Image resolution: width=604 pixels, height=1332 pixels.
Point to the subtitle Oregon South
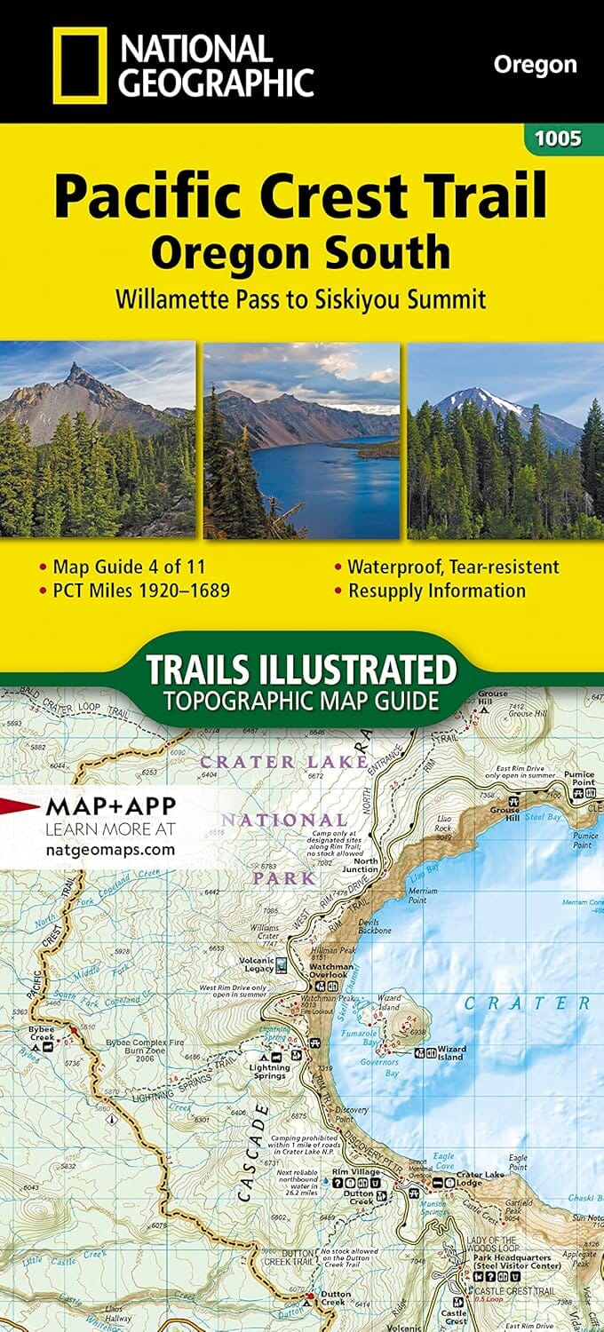[x=300, y=253]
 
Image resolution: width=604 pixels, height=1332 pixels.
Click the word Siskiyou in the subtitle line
[x=358, y=298]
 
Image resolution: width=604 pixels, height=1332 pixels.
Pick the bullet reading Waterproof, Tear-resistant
[x=453, y=566]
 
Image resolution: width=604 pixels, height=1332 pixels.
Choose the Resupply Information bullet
[x=436, y=590]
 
